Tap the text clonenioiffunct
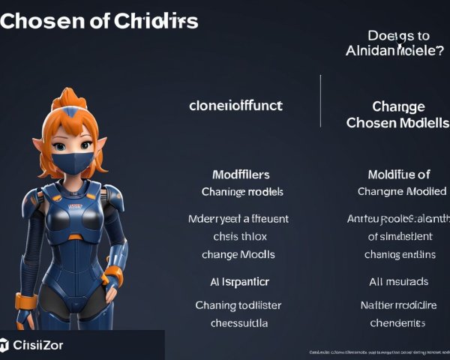(235, 106)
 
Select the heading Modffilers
(241, 175)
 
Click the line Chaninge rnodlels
(242, 191)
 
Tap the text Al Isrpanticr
(239, 281)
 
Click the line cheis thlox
(239, 236)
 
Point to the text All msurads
(398, 281)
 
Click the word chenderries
(397, 323)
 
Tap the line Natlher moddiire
(397, 305)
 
